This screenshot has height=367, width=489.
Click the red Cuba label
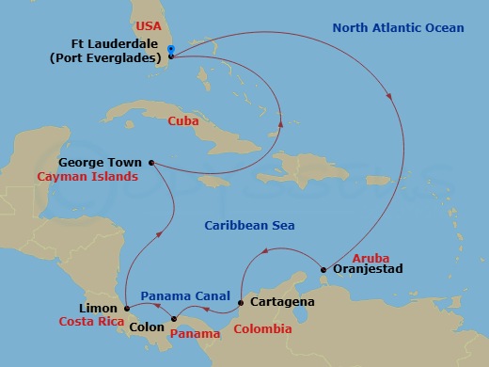pyautogui.click(x=183, y=121)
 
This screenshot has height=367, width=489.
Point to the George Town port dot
pyautogui.click(x=151, y=162)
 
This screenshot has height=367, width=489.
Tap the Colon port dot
pyautogui.click(x=172, y=320)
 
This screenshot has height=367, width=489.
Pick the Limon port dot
pyautogui.click(x=125, y=308)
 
